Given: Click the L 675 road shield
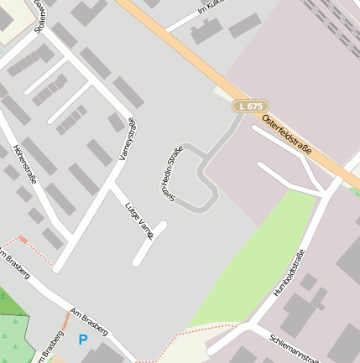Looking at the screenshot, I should click(250, 106).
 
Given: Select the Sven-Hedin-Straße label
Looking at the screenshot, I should click(172, 171).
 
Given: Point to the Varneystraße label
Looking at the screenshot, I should click(128, 139).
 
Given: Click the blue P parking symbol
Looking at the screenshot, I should click(82, 340).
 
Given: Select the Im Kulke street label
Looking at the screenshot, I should click(213, 8).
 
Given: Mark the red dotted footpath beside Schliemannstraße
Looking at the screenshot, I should click(201, 329).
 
